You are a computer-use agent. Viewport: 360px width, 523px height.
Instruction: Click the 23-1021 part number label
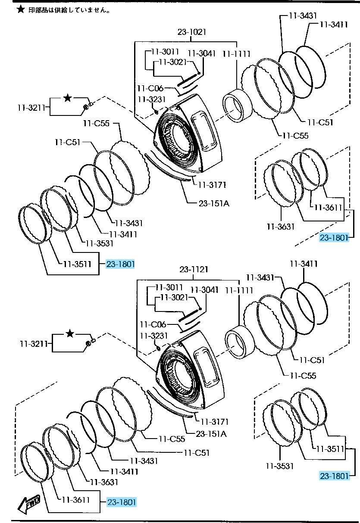[x=191, y=32]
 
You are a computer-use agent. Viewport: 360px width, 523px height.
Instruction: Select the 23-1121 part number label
[x=194, y=270]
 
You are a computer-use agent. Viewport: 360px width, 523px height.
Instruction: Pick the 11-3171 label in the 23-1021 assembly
[x=213, y=185]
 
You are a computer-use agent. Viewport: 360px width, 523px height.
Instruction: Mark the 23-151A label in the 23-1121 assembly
[x=211, y=434]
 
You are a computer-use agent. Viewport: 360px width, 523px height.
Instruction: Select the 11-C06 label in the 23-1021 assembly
[x=150, y=88]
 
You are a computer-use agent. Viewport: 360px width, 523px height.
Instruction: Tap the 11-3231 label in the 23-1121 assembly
[x=152, y=335]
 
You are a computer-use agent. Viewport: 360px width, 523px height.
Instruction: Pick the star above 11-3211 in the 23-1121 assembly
[x=71, y=333]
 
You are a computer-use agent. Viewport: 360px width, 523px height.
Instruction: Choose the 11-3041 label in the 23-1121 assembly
[x=204, y=290]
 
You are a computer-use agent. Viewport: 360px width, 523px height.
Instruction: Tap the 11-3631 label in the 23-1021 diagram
[x=280, y=225]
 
